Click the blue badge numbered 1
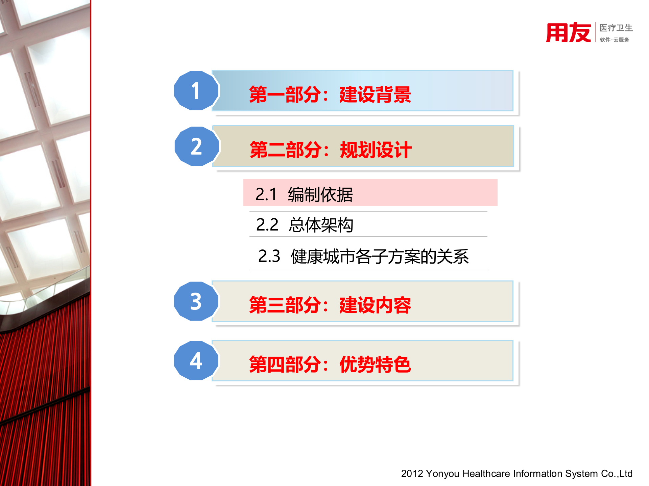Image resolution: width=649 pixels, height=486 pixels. point(196,91)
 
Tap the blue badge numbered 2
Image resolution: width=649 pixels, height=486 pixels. point(197,146)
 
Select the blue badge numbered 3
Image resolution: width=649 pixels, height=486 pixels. point(196,301)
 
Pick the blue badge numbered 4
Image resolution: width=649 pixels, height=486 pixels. point(196,361)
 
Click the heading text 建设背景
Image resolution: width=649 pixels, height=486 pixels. point(375,94)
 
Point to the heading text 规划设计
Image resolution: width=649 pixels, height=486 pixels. point(376,150)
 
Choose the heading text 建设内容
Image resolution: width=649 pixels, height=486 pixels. point(375,305)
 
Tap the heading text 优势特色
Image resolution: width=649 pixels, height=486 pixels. point(375,364)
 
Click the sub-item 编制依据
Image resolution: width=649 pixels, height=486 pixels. point(320,195)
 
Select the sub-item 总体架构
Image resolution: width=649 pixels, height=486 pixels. point(321,225)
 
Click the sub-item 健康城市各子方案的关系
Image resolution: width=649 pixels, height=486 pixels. point(380,256)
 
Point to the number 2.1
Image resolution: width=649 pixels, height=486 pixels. point(266,195)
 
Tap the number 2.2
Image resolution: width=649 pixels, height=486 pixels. point(267,225)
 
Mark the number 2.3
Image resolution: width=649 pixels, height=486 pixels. point(269,256)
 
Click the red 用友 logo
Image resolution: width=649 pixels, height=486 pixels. point(569,33)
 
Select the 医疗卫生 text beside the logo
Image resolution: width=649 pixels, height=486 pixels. point(616,28)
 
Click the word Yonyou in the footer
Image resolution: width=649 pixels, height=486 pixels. point(443,474)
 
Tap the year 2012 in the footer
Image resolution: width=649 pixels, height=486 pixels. point(412,474)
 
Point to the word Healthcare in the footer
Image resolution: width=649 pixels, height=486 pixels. point(486,474)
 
